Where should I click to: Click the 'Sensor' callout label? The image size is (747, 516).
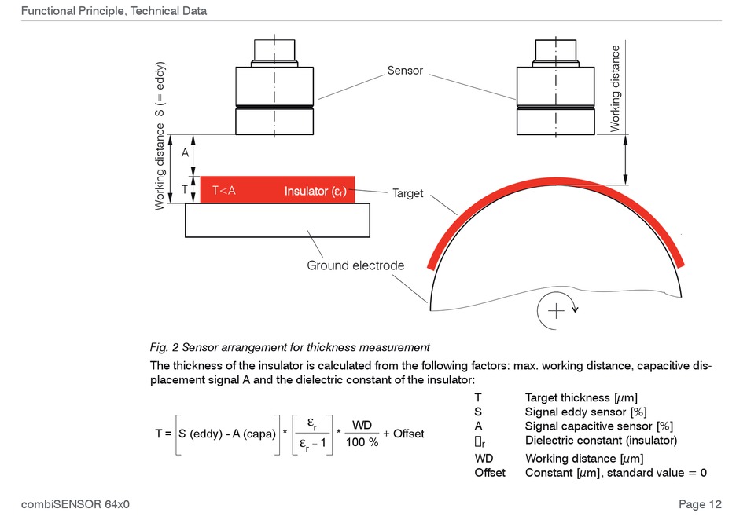tap(405, 71)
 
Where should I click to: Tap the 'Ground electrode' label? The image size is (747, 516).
tap(355, 265)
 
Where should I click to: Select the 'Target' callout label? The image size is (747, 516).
tap(408, 193)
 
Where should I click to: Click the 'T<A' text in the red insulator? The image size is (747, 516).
tap(224, 190)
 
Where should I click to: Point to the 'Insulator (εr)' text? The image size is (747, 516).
tap(315, 192)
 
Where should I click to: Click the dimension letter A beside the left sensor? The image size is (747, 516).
tap(185, 153)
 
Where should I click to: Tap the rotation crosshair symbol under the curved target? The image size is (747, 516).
tap(556, 311)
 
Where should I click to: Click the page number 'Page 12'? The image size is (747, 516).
tap(701, 504)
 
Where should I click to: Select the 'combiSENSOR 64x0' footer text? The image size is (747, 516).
tap(75, 504)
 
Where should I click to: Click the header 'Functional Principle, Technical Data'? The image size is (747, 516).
tap(114, 11)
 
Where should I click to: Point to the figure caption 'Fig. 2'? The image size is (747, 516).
tap(164, 347)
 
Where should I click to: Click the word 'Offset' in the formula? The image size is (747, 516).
tap(408, 434)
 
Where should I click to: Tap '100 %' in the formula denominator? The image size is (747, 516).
tap(362, 442)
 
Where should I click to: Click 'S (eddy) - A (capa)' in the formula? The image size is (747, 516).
tap(227, 434)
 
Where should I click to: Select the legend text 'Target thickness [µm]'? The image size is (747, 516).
tap(581, 397)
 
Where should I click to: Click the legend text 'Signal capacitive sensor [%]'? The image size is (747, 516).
tap(599, 426)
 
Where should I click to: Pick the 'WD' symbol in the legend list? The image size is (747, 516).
tap(484, 459)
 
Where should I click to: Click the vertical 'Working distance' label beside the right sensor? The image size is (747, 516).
tap(615, 89)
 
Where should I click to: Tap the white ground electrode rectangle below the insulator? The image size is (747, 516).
tap(278, 221)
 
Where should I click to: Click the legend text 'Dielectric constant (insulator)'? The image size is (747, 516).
tap(602, 441)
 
